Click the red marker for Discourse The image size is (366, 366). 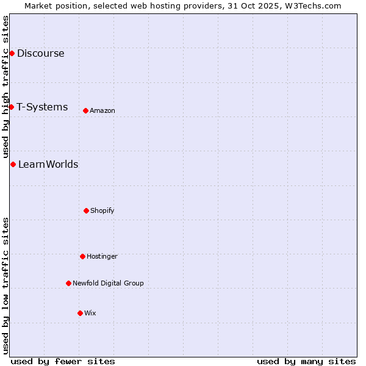tap(12, 53)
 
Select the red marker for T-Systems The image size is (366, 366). tap(11, 107)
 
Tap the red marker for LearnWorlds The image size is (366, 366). tap(13, 164)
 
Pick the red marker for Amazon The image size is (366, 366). tap(85, 110)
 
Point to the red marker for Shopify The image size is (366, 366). tap(86, 210)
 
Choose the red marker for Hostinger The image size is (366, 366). tap(82, 256)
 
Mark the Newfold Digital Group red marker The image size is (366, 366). tap(68, 283)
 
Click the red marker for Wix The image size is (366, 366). tap(80, 313)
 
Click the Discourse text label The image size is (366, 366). tap(40, 53)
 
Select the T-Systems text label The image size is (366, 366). tap(42, 107)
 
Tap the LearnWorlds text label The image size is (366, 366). tap(48, 164)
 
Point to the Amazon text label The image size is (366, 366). tap(102, 110)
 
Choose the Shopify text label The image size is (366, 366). tap(102, 210)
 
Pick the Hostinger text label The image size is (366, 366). tap(102, 256)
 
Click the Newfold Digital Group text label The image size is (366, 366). tap(108, 283)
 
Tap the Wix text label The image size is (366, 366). tap(90, 313)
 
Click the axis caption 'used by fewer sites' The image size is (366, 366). tap(63, 361)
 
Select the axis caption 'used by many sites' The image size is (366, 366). tap(306, 361)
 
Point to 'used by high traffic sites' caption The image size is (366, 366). tap(5, 87)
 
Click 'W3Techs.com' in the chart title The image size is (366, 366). tap(311, 5)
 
